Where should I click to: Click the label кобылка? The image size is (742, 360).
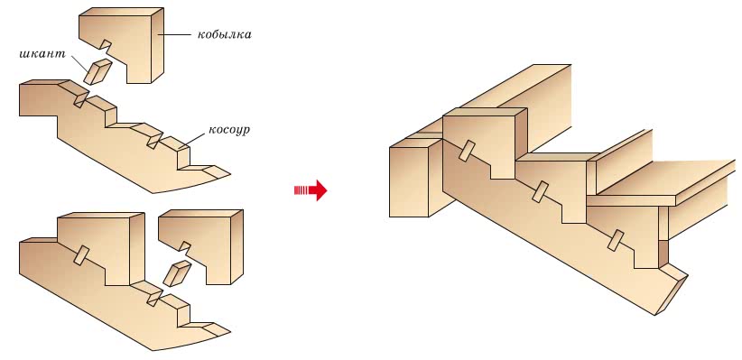224,34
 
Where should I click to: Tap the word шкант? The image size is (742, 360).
42,53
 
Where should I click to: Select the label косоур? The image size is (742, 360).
228,130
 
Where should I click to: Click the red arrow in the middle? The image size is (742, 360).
311,190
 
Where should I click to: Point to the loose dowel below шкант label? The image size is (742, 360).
98,72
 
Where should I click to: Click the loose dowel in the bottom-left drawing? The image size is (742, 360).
177,274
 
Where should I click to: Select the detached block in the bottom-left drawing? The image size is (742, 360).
200,246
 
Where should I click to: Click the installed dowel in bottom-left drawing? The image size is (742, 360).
81,254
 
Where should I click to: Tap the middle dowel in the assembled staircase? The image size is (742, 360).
540,191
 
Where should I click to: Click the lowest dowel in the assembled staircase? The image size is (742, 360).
617,240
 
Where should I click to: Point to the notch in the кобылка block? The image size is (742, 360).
106,45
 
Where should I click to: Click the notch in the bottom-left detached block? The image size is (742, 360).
185,246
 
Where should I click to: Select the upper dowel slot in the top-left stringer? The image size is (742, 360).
80,99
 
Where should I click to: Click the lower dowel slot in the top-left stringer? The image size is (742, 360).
153,141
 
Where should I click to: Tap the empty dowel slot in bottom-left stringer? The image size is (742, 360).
153,298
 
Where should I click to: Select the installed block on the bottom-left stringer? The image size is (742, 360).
100,248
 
